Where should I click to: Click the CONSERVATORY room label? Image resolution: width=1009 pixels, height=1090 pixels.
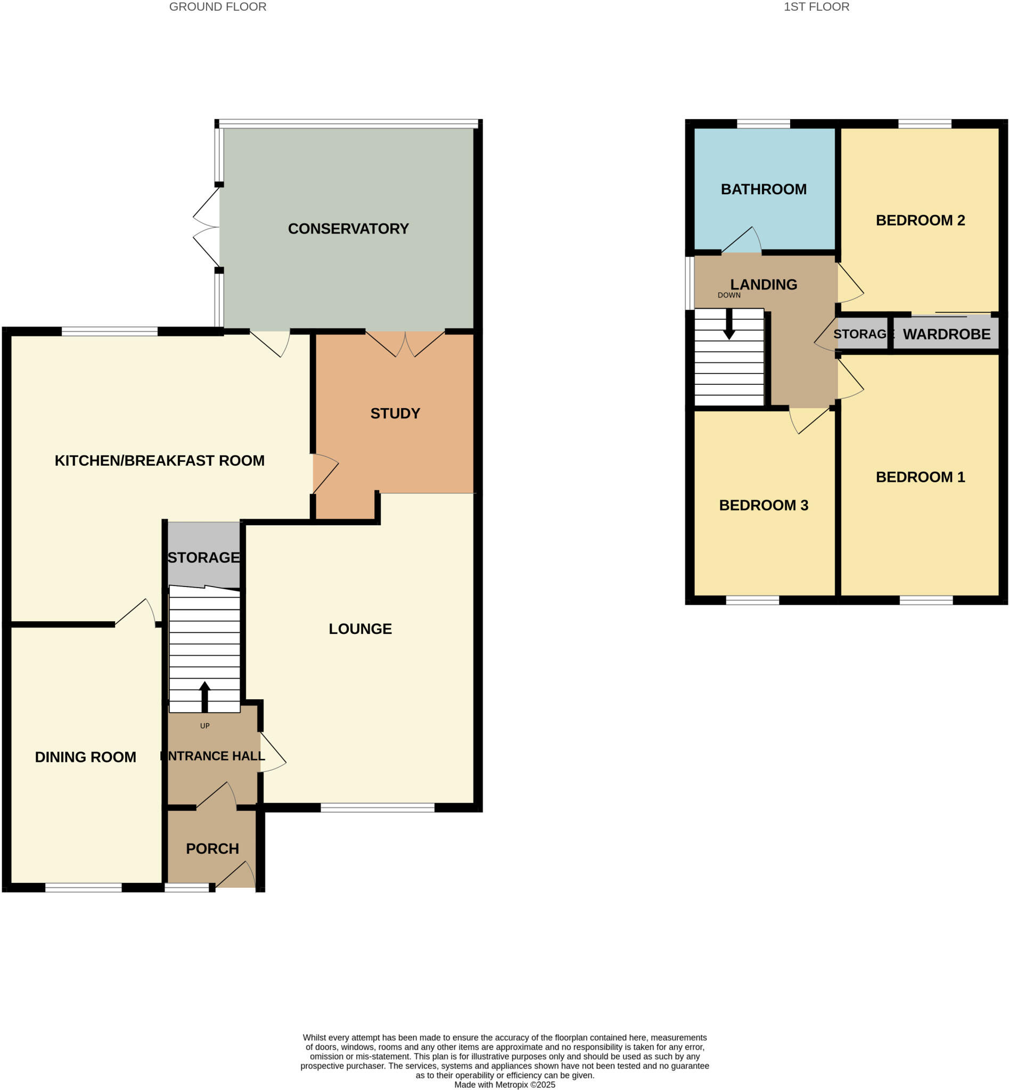[348, 229]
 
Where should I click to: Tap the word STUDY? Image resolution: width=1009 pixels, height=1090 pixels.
[395, 413]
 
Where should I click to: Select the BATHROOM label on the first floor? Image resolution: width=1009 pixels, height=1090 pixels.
[764, 189]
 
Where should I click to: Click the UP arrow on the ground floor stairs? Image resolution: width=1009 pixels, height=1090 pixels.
[205, 696]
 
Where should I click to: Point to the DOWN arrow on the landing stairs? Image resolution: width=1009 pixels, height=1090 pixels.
[728, 325]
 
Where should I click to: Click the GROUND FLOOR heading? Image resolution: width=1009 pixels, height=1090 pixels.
[217, 7]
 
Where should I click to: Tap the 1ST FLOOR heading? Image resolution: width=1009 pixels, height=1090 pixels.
[816, 7]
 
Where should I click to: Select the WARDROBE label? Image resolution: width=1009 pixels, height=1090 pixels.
[946, 335]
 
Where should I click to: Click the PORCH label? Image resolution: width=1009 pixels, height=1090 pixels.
[212, 849]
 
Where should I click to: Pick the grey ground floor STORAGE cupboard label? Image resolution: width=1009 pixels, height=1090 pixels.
[203, 557]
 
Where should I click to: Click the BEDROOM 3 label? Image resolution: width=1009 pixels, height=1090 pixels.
[764, 506]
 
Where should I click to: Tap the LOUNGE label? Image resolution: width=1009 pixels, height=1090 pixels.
[360, 629]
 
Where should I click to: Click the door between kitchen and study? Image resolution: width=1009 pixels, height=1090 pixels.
[324, 473]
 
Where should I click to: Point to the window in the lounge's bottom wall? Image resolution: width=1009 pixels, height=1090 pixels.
[378, 807]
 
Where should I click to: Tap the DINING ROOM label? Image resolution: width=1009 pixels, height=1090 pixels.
[85, 757]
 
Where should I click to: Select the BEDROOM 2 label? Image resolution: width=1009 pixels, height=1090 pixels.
[920, 220]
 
